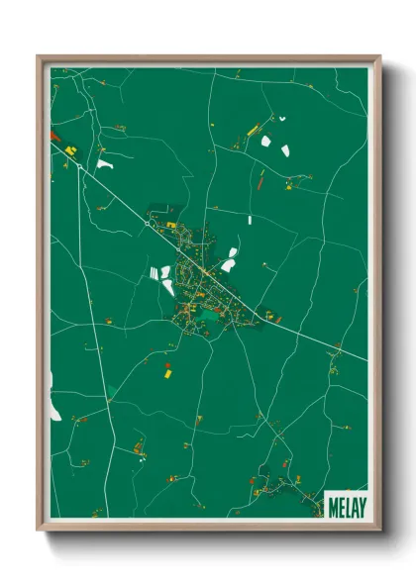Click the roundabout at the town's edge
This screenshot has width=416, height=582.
pyautogui.click(x=148, y=225)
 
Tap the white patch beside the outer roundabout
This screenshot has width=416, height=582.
pyautogui.click(x=104, y=163)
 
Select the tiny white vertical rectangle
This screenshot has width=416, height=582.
pyautogui.click(x=250, y=219)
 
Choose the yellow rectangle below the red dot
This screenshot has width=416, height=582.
pyautogui.click(x=168, y=375)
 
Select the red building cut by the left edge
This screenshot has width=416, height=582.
pyautogui.click(x=53, y=135)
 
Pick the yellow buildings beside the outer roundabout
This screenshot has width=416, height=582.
pyautogui.click(x=72, y=149)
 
